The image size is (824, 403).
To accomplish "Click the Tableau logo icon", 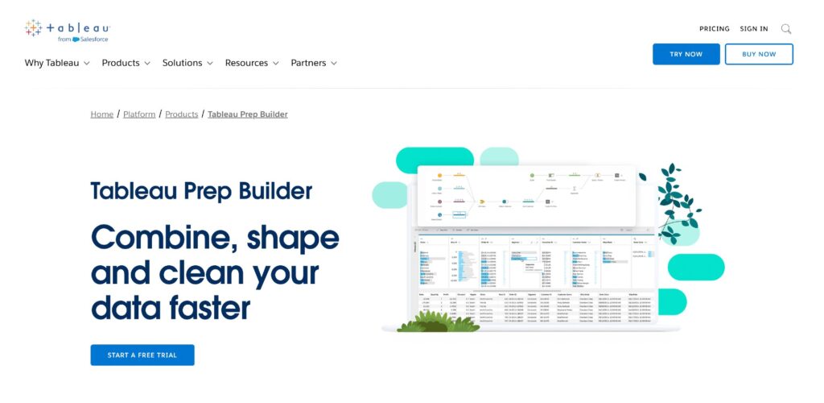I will pos(33,29).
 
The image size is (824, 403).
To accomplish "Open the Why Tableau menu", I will pos(56,63).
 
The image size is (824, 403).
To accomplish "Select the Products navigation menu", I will pos(126,63).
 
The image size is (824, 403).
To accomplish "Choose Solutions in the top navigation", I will pos(187,63).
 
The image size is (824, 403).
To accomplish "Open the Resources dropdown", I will pos(252,63).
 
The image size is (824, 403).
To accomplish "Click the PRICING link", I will pos(715,29).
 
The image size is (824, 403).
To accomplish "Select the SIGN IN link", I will pos(754,29).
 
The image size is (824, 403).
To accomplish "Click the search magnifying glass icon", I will pos(786,29).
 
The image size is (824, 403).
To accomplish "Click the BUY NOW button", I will pos(759,54).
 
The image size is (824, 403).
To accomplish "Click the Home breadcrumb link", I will pos(102,114).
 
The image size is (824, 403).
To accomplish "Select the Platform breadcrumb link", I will pos(139,114).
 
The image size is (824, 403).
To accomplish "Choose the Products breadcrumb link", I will pos(182,114).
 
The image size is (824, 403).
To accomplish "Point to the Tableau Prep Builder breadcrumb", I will pos(248,114).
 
